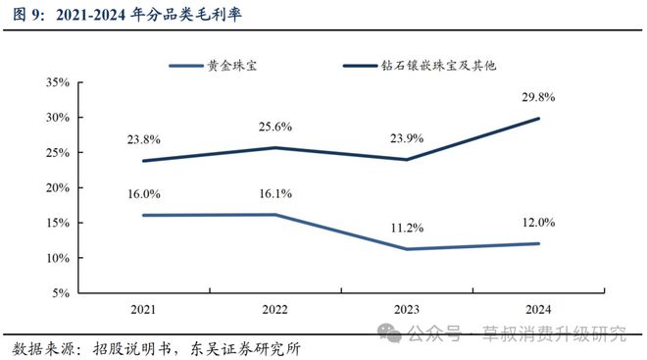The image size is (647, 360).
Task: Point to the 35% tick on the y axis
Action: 56,82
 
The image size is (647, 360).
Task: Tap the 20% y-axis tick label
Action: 56,187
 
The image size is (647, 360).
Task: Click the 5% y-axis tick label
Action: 59,292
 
